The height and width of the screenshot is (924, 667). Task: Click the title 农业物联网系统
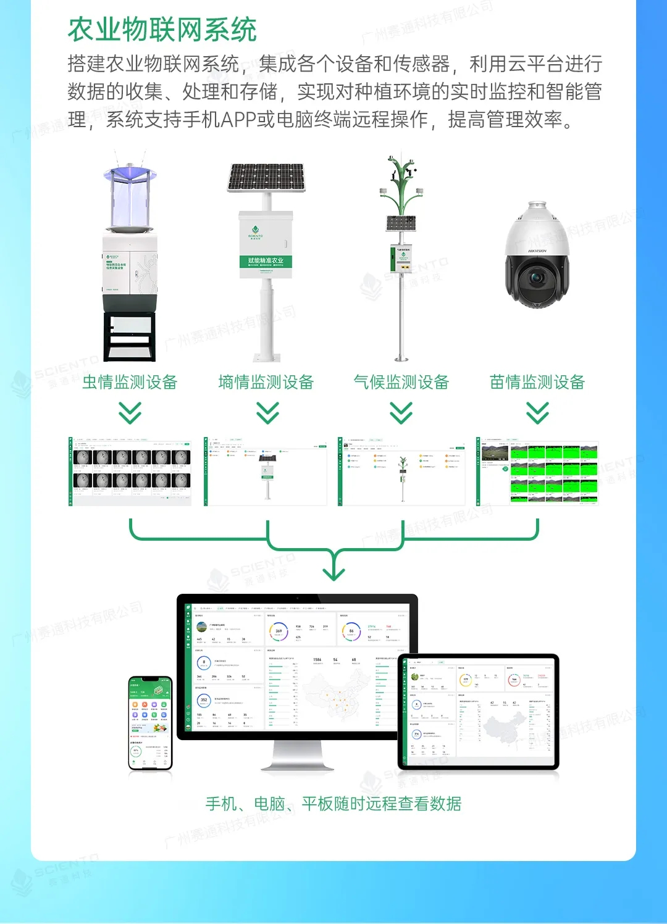162,30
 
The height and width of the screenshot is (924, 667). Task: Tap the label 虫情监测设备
130,383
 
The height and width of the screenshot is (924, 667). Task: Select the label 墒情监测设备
266,383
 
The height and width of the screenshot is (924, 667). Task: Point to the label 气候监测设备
401,383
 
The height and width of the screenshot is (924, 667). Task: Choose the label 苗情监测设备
537,383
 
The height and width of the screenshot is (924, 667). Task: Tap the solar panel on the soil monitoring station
267,177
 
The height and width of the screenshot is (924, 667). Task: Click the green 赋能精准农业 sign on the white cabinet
266,261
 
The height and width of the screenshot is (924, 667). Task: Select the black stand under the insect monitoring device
130,336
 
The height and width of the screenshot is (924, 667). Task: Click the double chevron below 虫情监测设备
130,413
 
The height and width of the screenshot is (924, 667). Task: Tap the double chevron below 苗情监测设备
537,413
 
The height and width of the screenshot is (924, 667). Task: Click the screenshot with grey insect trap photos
130,472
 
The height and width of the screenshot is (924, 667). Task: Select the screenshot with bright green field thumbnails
537,472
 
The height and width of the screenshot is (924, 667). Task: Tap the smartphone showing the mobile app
149,723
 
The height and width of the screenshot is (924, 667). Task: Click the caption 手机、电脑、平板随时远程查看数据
333,804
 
